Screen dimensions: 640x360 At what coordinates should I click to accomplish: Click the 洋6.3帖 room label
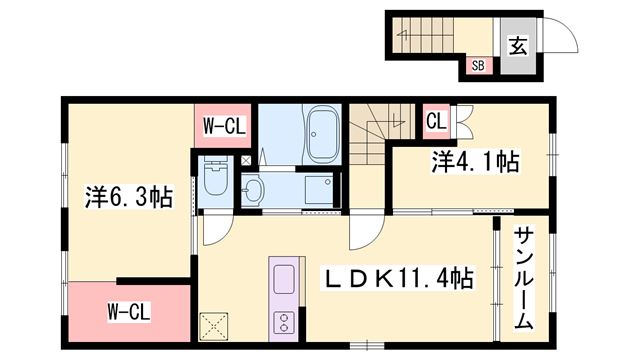coord(129,197)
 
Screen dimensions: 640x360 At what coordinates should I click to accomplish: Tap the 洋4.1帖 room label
coord(476,162)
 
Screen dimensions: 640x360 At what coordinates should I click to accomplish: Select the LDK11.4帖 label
coord(398,278)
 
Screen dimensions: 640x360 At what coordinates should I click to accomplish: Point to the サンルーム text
coord(524,279)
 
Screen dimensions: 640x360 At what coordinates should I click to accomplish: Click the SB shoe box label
coord(478,65)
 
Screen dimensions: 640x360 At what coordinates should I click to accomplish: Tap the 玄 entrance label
coord(518,45)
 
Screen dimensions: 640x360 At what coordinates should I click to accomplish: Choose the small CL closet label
coord(436,121)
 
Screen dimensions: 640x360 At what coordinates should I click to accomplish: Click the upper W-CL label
coord(224,126)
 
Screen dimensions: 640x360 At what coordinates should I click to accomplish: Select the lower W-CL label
coord(129,312)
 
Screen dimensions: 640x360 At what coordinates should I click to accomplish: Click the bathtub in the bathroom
coord(324,134)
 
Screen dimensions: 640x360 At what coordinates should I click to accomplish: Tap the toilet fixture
coord(215,178)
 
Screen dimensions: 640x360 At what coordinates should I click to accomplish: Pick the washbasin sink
coord(253,190)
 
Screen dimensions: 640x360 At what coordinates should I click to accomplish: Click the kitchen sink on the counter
coord(284,279)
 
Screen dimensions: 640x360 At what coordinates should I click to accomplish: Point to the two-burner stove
coord(284,322)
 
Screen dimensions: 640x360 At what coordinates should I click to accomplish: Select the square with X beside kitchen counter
coord(213,327)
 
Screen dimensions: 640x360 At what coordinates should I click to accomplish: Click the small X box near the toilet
coord(246,160)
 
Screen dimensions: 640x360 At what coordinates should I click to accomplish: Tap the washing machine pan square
coord(320,189)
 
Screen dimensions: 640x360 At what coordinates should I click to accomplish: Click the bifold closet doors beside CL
coord(463,121)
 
